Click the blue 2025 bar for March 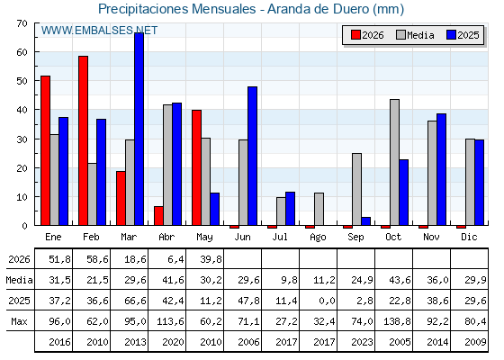click(x=139, y=129)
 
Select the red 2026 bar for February click(x=83, y=140)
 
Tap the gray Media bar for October click(x=395, y=162)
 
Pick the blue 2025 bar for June click(x=253, y=156)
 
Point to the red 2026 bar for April click(x=158, y=216)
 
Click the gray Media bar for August click(x=319, y=209)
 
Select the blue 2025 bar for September click(x=366, y=221)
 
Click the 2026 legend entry click(x=367, y=35)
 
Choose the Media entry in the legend click(x=415, y=35)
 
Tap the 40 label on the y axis click(x=22, y=110)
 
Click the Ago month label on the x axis click(x=318, y=238)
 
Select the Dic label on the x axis click(x=469, y=237)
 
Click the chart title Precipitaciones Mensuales click(x=176, y=9)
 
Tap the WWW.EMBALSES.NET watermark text click(x=99, y=31)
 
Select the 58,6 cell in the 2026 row click(x=97, y=259)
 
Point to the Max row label click(x=19, y=321)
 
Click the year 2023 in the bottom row click(x=362, y=342)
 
